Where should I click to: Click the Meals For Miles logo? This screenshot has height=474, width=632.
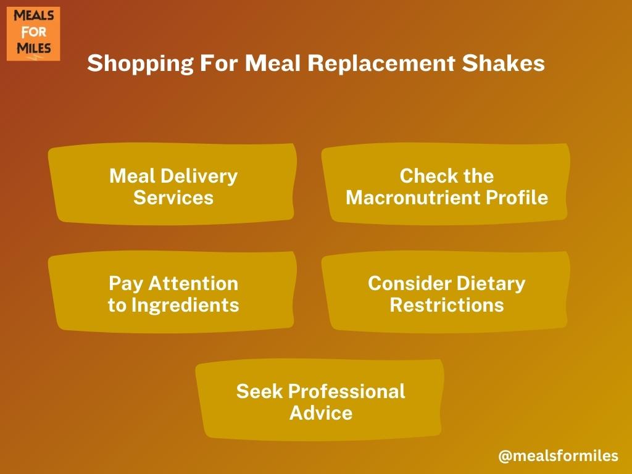point(33,33)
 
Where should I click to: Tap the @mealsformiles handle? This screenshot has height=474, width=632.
point(558,455)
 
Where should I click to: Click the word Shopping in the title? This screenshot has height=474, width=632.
point(140,64)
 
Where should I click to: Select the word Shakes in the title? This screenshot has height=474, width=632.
point(504,64)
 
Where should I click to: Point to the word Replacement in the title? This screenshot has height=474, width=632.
point(381,64)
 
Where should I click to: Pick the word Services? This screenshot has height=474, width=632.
point(173,197)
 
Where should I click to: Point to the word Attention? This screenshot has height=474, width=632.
point(193,283)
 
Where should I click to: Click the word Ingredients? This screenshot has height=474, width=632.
point(185,306)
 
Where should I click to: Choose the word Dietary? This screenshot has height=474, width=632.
point(491,284)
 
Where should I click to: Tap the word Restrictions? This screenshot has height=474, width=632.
point(447,305)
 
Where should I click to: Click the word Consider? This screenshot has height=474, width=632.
point(410,283)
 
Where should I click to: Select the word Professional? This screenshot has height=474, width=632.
point(347,391)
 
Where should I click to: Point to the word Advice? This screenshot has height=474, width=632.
point(321,413)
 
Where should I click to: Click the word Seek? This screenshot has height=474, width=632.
point(260,391)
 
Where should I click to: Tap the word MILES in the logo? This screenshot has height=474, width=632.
point(33,48)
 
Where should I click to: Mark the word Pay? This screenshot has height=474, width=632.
point(126,284)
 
